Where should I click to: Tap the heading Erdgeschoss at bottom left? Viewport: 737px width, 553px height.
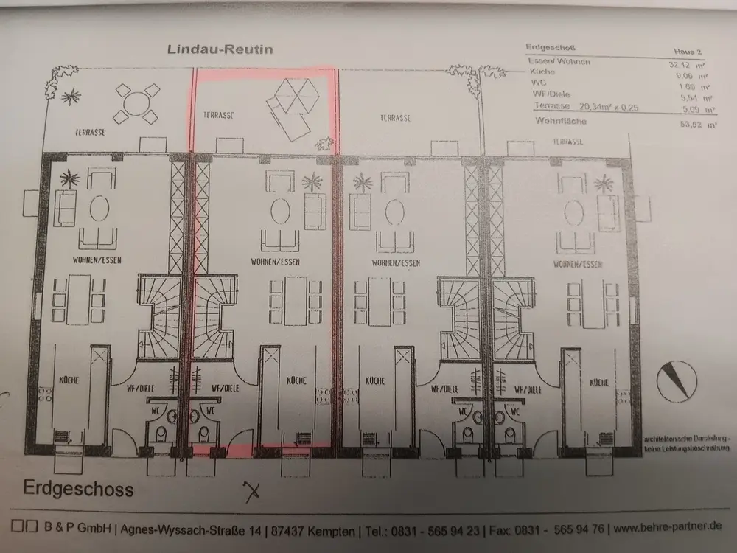point(78,488)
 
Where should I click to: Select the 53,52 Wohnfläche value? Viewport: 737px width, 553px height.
point(702,126)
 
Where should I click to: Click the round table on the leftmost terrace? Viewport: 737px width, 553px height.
point(133,102)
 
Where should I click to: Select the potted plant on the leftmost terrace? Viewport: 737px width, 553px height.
point(71,96)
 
